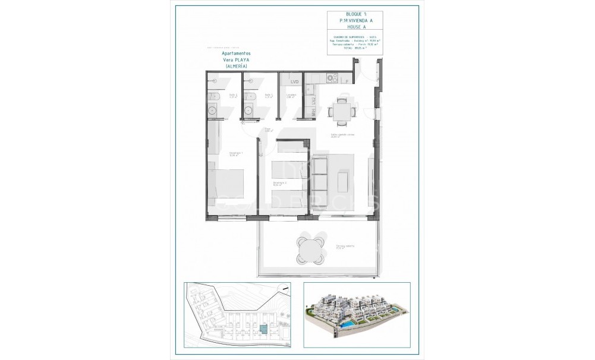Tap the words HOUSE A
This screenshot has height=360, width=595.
[x=355, y=27]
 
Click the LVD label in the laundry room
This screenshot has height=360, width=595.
[x=294, y=82]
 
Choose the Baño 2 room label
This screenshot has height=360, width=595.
[x=216, y=95]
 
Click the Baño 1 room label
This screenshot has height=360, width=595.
[x=268, y=95]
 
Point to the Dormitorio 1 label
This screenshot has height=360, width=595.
[x=219, y=154]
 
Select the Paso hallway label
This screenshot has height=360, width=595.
[x=267, y=130]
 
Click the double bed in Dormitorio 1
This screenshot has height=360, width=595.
[x=226, y=185]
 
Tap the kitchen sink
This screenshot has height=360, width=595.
[x=310, y=90]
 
